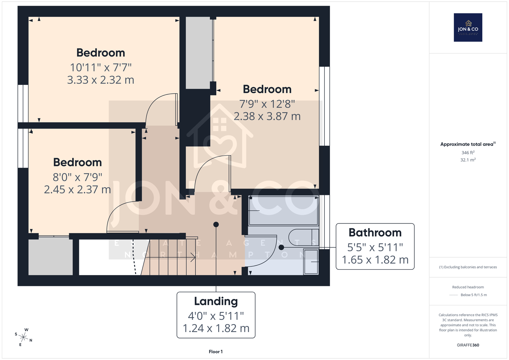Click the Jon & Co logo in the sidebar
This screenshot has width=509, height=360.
click(468, 27)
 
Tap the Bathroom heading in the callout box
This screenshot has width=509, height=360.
click(375, 232)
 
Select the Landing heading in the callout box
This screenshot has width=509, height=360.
click(216, 301)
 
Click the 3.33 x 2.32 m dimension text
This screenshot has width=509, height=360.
click(101, 80)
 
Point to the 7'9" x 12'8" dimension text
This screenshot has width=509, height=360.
click(267, 104)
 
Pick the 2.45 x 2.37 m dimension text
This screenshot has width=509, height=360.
click(77, 190)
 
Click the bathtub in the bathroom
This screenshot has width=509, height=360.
click(283, 211)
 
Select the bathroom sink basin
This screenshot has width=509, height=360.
click(311, 262)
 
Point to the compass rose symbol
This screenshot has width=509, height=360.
click(24, 337)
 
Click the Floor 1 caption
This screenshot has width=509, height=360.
click(216, 352)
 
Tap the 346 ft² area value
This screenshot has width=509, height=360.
click(468, 152)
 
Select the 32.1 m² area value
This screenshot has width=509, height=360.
click(468, 160)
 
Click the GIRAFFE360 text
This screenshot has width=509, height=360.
click(468, 345)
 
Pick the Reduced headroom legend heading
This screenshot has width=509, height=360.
click(468, 287)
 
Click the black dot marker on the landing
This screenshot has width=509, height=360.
click(216, 225)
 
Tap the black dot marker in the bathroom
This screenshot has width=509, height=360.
click(281, 247)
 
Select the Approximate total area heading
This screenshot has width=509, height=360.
click(468, 144)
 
